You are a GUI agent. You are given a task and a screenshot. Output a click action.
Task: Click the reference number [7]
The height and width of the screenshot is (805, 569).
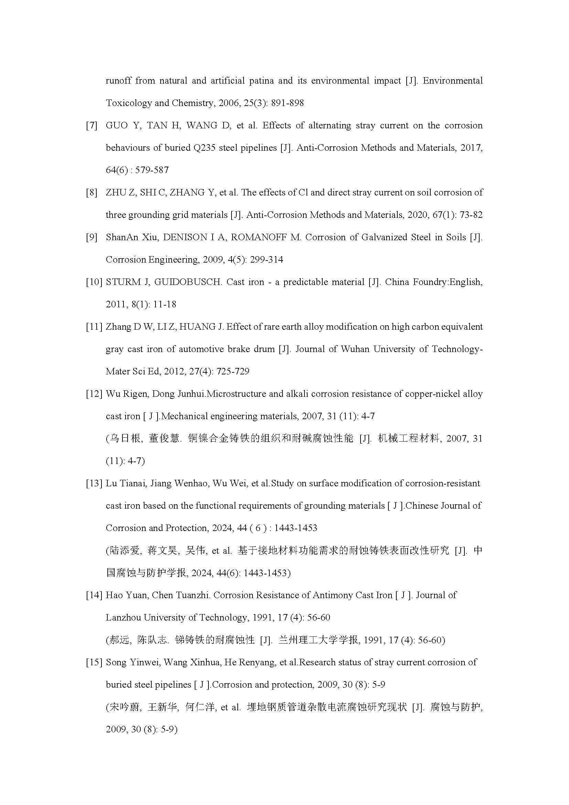[92, 126]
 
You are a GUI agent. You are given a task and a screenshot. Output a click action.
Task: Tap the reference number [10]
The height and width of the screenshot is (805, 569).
[94, 282]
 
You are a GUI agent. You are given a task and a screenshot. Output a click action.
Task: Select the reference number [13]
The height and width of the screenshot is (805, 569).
[94, 483]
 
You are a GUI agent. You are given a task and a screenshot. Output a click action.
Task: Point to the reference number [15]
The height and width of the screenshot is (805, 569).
[94, 662]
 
